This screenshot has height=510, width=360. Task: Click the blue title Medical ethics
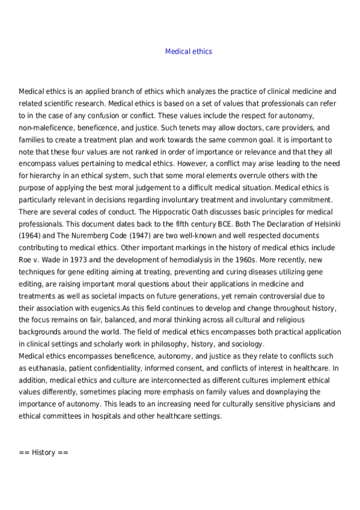[188, 52]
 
